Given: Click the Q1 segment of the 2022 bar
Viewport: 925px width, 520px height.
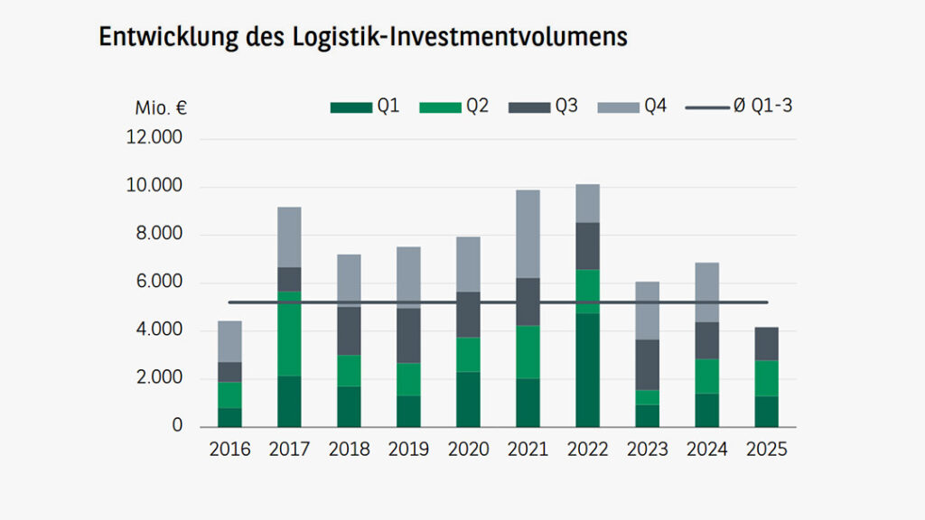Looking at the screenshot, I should coord(587,370).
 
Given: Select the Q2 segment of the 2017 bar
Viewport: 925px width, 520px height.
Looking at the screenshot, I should coord(289,334).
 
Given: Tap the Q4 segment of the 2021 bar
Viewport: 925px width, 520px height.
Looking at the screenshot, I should coord(528,234).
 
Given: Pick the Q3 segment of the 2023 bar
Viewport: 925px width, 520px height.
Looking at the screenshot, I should coord(647,365).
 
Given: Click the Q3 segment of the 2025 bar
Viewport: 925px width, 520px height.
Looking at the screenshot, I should coord(766,344).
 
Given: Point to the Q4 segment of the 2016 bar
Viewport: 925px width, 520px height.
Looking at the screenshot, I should coord(229,341).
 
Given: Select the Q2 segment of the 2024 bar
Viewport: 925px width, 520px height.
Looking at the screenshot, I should coord(706,376).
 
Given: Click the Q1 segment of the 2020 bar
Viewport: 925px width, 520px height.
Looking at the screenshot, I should coord(468,399).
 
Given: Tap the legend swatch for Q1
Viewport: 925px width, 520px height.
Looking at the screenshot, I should coord(350,107).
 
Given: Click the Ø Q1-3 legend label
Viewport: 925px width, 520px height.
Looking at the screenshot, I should coord(762,107).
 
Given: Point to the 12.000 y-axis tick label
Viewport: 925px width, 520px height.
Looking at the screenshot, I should coord(157,139).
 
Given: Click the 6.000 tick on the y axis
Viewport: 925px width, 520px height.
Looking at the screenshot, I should coord(161,283).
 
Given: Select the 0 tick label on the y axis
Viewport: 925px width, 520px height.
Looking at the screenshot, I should coord(177,425).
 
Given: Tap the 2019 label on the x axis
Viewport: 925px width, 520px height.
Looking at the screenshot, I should coord(408,450).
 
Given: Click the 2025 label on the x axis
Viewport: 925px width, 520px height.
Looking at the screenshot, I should coord(766,450).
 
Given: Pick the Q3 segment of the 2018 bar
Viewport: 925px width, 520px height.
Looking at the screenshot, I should coord(349,330).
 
